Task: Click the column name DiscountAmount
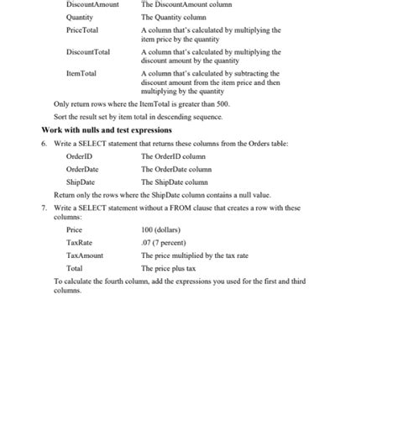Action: click(92, 4)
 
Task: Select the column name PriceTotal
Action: click(82, 29)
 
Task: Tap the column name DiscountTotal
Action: click(87, 52)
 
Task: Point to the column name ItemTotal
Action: click(81, 74)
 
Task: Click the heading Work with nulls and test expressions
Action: click(107, 130)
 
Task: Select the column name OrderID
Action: click(79, 156)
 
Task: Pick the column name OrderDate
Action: click(83, 169)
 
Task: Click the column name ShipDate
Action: click(81, 182)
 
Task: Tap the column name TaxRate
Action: click(79, 242)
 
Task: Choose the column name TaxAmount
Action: click(85, 255)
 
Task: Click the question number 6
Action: click(44, 144)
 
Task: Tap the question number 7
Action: click(44, 207)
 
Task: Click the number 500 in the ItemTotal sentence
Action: click(222, 103)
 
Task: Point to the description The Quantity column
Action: click(173, 17)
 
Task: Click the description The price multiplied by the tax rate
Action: click(194, 255)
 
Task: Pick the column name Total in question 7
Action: click(74, 268)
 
